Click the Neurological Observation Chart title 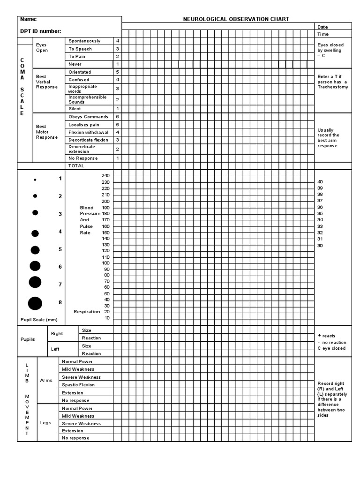236,19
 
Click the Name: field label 28,20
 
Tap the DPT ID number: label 40,31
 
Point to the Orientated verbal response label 80,72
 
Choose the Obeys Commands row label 88,117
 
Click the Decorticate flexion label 88,140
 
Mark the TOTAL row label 76,166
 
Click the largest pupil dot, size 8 35,303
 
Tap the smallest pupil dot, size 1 35,180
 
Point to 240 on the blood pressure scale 105,175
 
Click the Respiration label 87,312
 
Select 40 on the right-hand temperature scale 320,182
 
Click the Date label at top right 322,27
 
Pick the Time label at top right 323,34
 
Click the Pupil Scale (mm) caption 39,320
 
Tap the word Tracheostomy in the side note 333,87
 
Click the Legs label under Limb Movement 45,423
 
